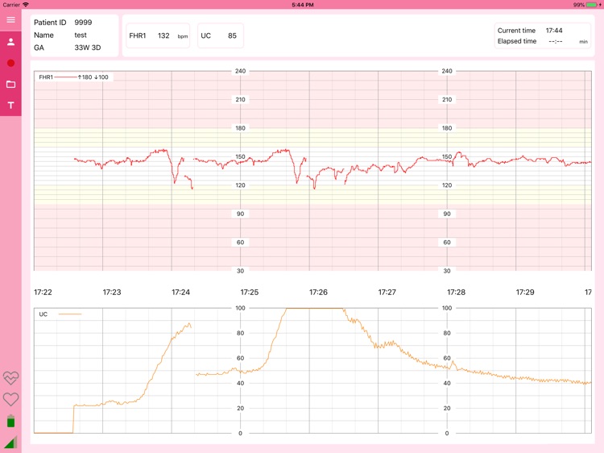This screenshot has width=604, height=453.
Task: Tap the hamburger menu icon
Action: point(10,20)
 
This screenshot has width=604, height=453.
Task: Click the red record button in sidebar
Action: point(10,63)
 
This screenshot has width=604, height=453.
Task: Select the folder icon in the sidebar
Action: point(10,84)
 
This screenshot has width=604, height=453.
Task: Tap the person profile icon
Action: point(10,42)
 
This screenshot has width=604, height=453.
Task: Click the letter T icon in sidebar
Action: point(10,106)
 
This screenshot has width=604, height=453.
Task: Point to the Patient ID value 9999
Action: point(83,23)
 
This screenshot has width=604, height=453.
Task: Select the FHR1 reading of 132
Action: point(163,35)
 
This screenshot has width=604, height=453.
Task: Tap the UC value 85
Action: point(232,35)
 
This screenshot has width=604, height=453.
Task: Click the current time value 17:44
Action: point(553,31)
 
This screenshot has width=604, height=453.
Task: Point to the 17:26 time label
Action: point(318,292)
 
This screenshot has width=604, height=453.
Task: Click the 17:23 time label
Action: point(112,292)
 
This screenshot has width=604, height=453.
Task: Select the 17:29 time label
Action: point(525,292)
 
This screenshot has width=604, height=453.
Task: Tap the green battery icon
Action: point(10,421)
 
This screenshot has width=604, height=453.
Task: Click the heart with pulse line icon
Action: point(10,378)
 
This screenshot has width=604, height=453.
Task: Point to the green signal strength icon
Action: point(10,442)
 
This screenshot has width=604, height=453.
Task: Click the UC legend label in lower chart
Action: point(44,314)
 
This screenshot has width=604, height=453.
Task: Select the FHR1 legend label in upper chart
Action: point(46,77)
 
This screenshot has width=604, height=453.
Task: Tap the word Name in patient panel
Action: point(43,35)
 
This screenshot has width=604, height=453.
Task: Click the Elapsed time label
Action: point(517,41)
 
